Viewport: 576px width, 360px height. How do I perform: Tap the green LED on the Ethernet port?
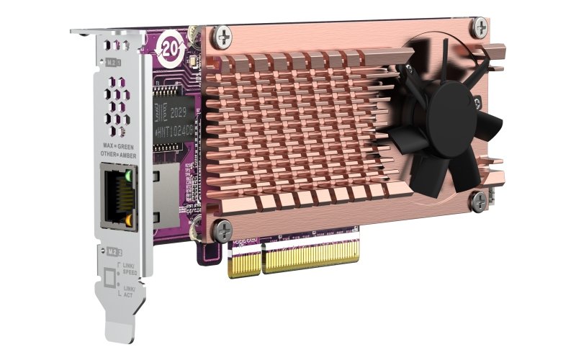pyautogui.click(x=127, y=174)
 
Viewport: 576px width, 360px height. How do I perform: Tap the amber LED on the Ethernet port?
pyautogui.click(x=128, y=215)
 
